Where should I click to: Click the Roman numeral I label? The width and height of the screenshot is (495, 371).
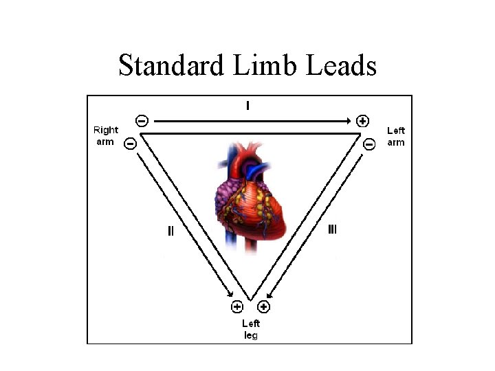click(x=247, y=106)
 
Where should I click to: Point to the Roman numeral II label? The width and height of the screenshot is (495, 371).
click(x=170, y=231)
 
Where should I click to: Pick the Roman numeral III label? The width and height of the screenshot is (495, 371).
click(x=331, y=229)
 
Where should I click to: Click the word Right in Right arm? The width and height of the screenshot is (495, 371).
click(x=106, y=130)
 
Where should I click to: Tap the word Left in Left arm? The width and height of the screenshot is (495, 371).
click(x=396, y=130)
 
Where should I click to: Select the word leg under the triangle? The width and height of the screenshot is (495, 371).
click(x=251, y=335)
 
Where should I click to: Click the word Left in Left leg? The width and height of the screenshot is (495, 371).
click(x=251, y=323)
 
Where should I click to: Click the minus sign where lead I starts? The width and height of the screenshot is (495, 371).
click(x=141, y=121)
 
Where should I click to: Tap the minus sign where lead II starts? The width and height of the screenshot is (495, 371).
click(x=129, y=144)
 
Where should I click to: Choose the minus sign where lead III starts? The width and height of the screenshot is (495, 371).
click(x=368, y=144)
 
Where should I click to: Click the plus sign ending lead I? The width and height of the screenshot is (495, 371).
click(x=363, y=121)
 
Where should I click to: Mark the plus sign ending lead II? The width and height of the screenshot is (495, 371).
click(x=236, y=306)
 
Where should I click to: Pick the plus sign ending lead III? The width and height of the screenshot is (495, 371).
click(x=263, y=306)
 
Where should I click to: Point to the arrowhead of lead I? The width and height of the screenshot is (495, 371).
click(x=348, y=121)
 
